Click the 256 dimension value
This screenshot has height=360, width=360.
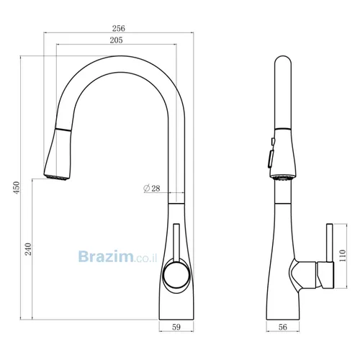coord(119,28)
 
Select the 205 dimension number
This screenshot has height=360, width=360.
coord(116,40)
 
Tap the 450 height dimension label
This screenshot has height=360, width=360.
coord(17,188)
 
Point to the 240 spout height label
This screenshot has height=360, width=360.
coord(28,249)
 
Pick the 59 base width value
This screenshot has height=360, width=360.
coord(176,327)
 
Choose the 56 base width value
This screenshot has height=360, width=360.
coord(282,327)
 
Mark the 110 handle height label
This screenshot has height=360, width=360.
coord(343,256)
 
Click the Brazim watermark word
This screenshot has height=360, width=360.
coord(106,256)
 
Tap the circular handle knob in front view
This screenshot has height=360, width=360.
coord(176,275)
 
